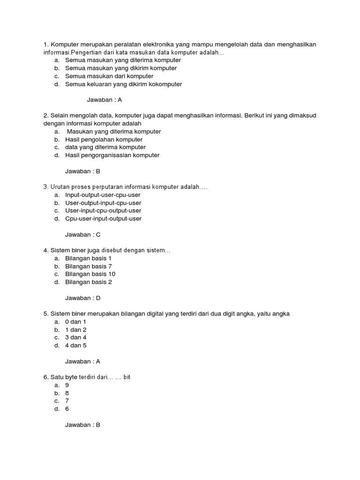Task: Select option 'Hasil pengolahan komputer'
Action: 104,139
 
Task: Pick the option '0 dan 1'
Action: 75,322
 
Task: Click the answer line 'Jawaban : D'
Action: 82,298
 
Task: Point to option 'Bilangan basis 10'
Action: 90,274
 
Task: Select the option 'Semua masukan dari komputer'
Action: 109,76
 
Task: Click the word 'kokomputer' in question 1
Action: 165,84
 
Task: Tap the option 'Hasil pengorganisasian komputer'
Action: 112,155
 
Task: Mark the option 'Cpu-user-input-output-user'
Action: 103,218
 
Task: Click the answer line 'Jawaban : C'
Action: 82,234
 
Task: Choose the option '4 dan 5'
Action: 75,345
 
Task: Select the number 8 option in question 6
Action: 67,393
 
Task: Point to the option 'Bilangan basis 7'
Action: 88,266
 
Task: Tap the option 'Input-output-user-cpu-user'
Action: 103,195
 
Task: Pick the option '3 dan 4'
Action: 75,337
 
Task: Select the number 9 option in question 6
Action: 67,385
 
